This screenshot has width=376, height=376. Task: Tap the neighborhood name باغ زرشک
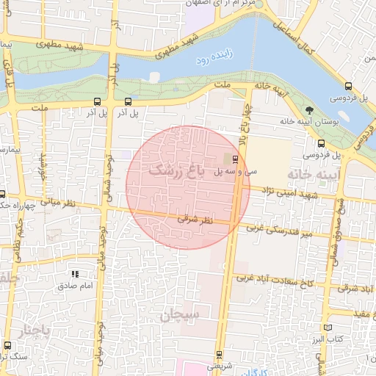(x=174, y=170)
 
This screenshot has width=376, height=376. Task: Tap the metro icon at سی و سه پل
(x=235, y=159)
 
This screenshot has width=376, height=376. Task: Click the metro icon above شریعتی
(x=218, y=354)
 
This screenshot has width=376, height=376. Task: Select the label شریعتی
(x=219, y=365)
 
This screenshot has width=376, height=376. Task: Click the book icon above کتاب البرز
(x=328, y=326)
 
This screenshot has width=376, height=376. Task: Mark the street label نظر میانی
(x=54, y=200)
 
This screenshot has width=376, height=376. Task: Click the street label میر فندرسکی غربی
(x=282, y=230)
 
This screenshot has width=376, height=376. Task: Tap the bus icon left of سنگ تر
(x=8, y=345)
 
